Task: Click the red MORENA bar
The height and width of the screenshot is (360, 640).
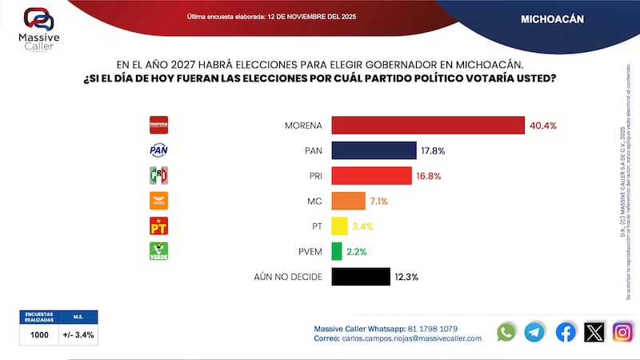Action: coord(428,126)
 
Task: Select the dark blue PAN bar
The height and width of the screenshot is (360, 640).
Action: coord(374,150)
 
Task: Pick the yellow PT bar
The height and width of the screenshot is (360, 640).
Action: coord(339,226)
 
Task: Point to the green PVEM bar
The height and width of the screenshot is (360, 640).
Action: coord(336,251)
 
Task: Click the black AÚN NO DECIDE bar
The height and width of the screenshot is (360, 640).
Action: coord(360,277)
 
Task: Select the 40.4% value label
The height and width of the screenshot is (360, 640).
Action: coord(542,126)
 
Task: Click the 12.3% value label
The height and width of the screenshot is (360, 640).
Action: coord(406,277)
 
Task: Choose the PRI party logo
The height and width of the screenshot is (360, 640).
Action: coord(159,175)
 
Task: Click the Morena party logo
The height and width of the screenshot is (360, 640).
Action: coord(159,125)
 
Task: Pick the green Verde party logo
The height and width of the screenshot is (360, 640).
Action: coord(159,250)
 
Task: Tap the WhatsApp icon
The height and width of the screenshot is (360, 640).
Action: coord(506,332)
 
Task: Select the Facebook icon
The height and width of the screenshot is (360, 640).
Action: coord(565,332)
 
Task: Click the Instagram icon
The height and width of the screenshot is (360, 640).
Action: coord(622,332)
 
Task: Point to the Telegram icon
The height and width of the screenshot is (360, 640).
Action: coord(535,332)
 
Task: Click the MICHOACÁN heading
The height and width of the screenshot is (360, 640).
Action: coord(550,18)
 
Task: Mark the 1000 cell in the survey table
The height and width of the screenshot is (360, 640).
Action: coord(39,334)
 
